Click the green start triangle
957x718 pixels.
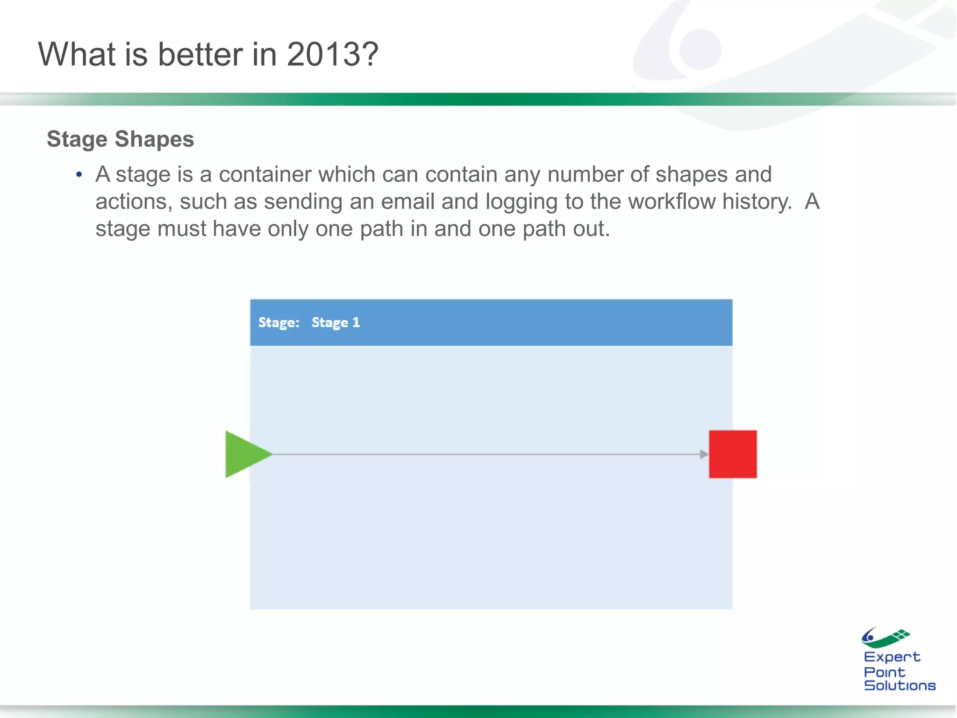point(244,454)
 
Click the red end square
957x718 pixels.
point(733,454)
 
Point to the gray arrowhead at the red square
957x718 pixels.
point(704,454)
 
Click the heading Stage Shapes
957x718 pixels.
point(121,139)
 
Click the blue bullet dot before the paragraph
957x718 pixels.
point(79,175)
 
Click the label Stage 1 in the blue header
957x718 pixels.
point(336,323)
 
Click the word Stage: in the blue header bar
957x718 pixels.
point(279,323)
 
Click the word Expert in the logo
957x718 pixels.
point(892,657)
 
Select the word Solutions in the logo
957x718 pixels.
point(900,686)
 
